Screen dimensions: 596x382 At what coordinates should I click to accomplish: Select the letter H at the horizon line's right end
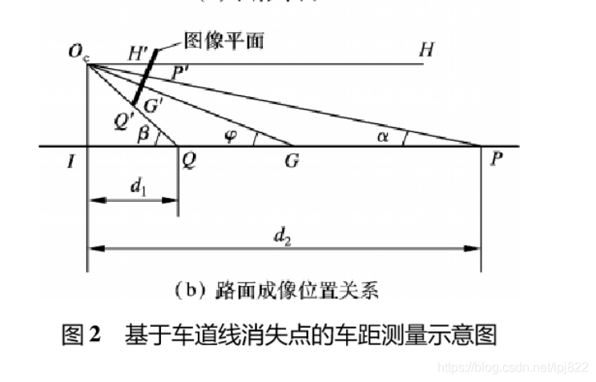click(427, 50)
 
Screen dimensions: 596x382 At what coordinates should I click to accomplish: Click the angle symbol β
click(144, 135)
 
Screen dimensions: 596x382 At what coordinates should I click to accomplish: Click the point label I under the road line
click(71, 160)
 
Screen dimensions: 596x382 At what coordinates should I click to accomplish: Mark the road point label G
click(292, 160)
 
